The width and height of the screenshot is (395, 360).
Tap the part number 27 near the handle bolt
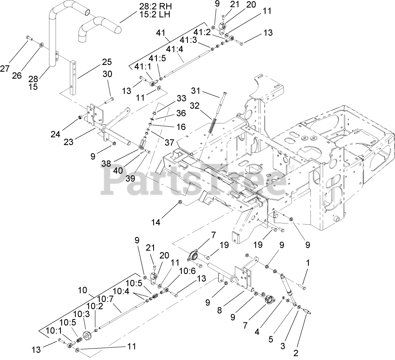(5, 69)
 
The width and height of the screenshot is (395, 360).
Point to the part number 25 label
(107, 62)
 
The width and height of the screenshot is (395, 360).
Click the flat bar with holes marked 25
(74, 78)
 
